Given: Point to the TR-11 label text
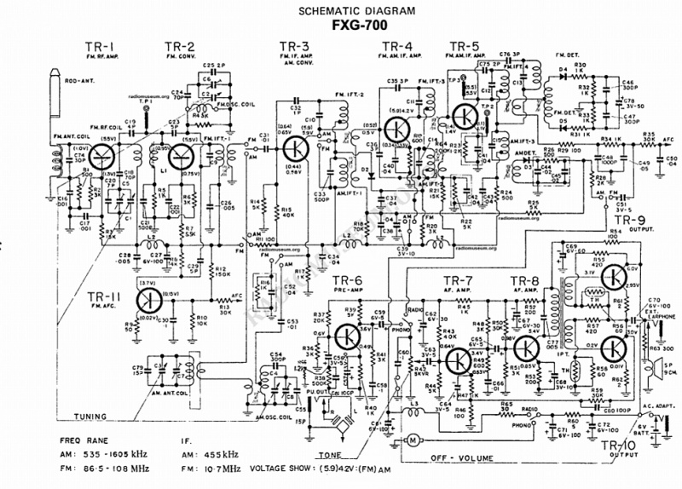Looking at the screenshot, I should pyautogui.click(x=104, y=296).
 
